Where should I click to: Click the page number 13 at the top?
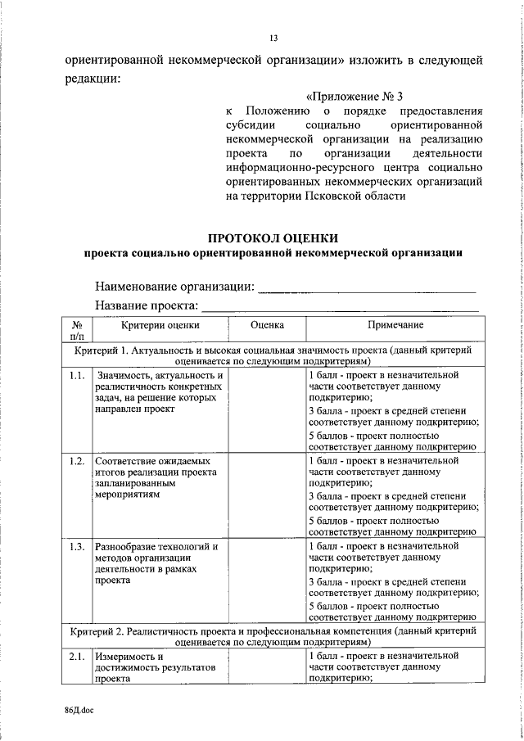[x=273, y=38]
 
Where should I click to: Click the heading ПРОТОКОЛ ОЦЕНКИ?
[x=273, y=237]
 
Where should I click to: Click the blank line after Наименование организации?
[x=367, y=287]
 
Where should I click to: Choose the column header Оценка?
[x=266, y=325]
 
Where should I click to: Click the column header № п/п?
[x=78, y=330]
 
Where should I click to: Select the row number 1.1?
[x=77, y=376]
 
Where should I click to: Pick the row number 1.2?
[x=77, y=461]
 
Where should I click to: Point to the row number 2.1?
[x=77, y=657]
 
